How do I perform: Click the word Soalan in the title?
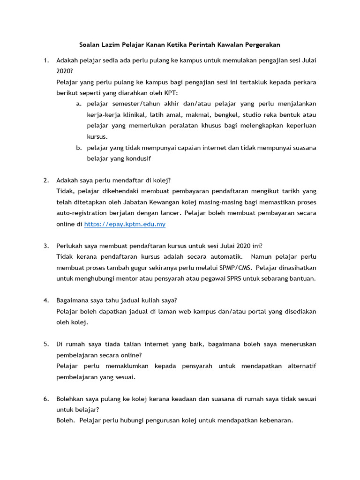pos(89,45)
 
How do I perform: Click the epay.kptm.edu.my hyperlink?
pos(125,225)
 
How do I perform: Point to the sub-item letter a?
pos(78,103)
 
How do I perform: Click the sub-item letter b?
pos(78,148)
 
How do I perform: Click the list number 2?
pos(46,180)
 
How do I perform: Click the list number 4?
pos(46,300)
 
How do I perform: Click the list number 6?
pos(46,399)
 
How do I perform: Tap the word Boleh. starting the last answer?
pos(66,420)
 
